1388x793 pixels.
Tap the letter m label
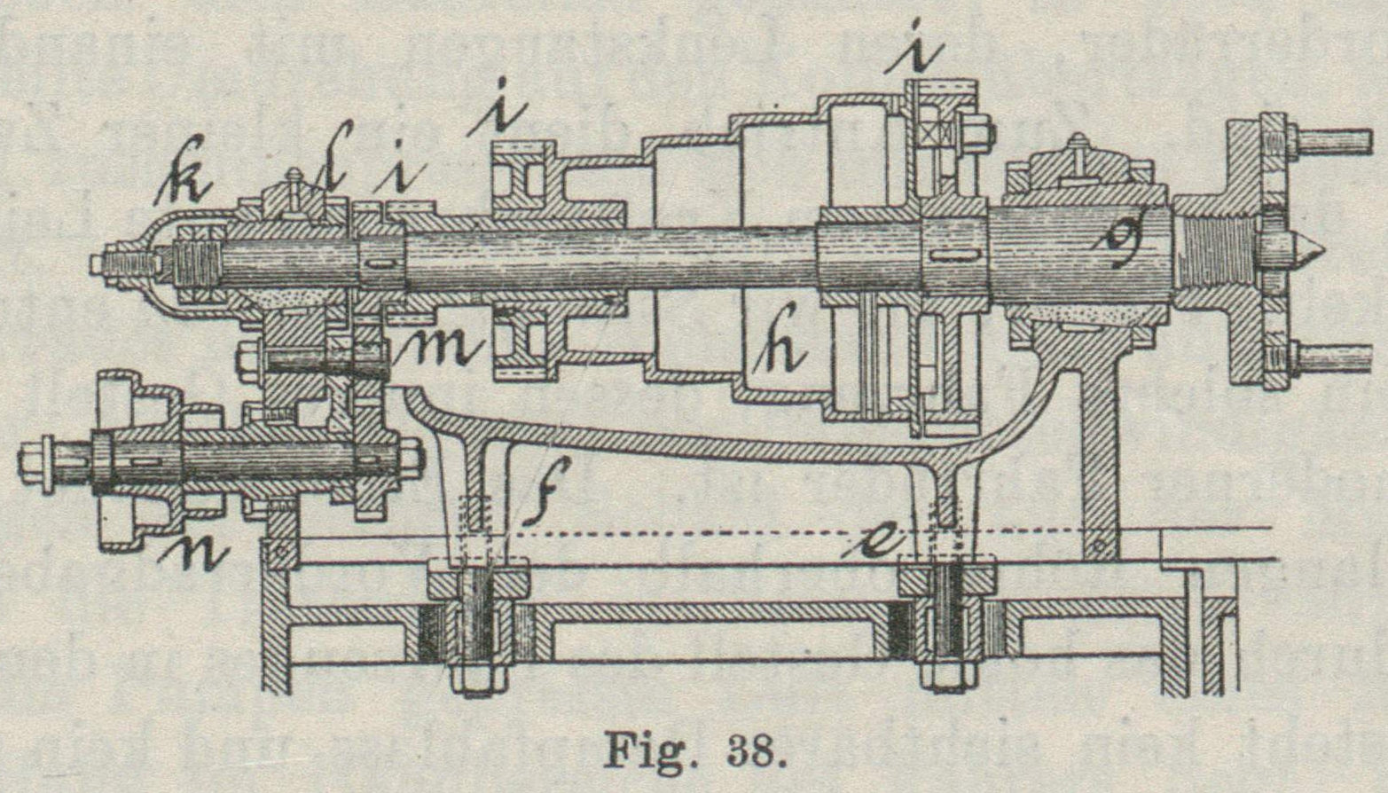[x=441, y=349]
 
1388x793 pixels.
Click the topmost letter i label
[x=918, y=51]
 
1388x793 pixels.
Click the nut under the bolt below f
[x=480, y=679]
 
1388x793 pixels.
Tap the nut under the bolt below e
[x=948, y=677]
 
